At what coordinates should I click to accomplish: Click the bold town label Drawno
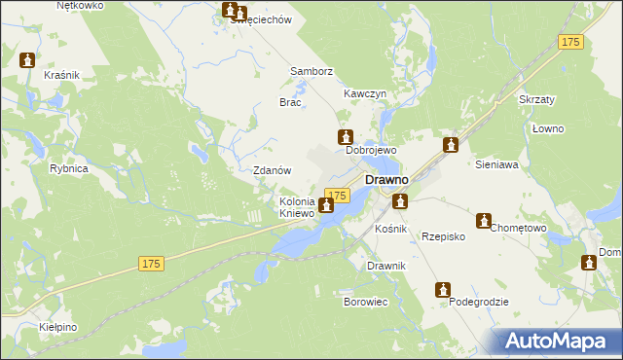[386, 180]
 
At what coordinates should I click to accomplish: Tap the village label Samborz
[311, 72]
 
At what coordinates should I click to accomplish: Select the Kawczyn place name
[365, 93]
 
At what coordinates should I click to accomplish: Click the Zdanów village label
[273, 170]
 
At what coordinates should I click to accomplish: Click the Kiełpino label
[58, 327]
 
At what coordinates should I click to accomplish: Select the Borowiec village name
[366, 303]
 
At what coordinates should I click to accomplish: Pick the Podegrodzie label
[479, 303]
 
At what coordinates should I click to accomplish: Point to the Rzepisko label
[443, 236]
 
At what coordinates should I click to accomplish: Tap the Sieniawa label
[496, 166]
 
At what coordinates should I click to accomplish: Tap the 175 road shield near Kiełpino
[150, 264]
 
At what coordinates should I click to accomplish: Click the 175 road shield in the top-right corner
[571, 42]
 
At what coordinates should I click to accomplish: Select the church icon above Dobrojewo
[344, 137]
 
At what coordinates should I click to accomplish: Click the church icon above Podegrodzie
[443, 289]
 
